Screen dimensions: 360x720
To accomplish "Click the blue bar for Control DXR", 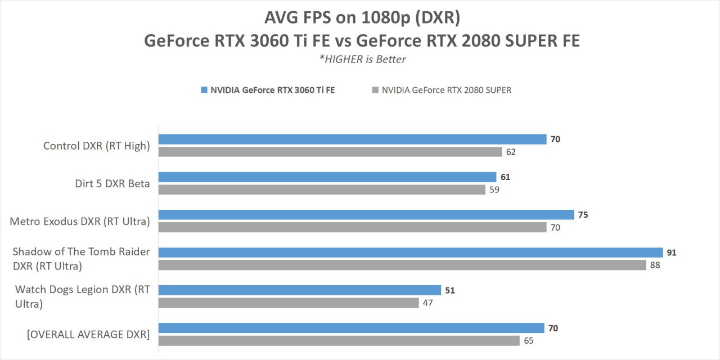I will [x=352, y=139].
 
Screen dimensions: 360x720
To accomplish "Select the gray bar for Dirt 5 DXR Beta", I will [x=322, y=190].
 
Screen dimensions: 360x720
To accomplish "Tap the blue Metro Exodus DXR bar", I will [x=366, y=215].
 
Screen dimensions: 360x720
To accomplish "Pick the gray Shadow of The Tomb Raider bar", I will [x=402, y=265].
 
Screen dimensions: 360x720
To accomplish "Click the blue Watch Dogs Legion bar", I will [x=300, y=290].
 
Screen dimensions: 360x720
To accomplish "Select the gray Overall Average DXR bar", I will [x=339, y=340].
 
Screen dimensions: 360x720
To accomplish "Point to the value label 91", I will [x=672, y=253].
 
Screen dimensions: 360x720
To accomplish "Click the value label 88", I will [x=655, y=265].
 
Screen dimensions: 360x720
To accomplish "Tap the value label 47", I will [x=428, y=303].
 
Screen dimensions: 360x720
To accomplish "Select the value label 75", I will [x=583, y=215].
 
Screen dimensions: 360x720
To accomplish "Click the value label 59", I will [x=494, y=190].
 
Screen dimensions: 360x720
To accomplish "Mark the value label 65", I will [x=528, y=340].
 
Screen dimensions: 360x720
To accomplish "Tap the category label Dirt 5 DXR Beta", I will [x=112, y=183].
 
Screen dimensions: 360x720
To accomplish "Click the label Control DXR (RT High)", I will [x=97, y=146].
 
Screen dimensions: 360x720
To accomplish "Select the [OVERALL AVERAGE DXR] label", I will [x=88, y=334].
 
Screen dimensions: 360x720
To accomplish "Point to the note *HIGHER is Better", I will [x=362, y=59].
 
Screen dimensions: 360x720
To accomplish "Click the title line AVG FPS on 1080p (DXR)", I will [x=362, y=17].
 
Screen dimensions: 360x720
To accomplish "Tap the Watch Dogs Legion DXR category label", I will [x=83, y=296].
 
